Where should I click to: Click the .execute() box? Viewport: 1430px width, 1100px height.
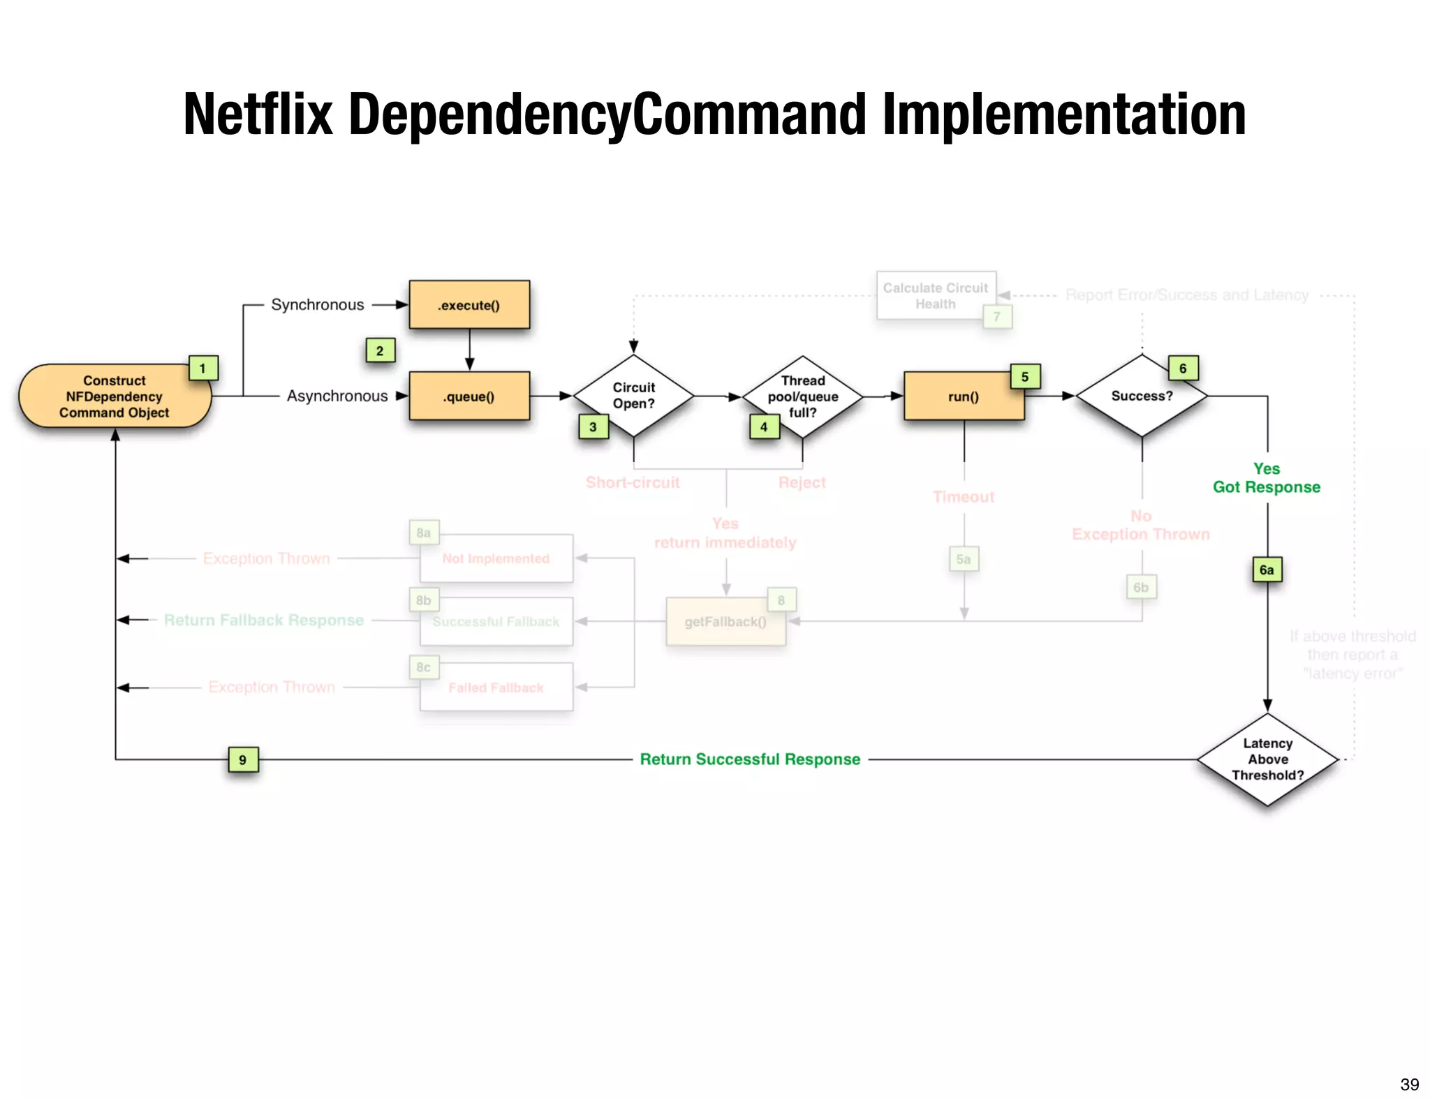[469, 305]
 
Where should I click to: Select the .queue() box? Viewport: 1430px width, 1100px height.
[469, 396]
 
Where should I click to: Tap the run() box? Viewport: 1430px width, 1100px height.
[964, 396]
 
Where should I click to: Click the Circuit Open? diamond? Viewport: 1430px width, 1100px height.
[633, 396]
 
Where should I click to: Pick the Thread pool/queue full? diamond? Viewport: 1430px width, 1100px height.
[803, 396]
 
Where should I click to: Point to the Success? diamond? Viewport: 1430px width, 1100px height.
[1142, 396]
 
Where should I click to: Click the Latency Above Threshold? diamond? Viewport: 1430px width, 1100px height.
[1267, 759]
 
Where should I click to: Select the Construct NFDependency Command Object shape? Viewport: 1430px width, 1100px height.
[115, 396]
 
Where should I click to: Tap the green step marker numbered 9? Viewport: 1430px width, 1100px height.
[243, 759]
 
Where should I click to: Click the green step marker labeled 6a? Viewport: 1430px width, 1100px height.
[1267, 570]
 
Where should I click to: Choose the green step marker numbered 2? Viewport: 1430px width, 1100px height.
[380, 350]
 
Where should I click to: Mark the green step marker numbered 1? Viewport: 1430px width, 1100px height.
[203, 369]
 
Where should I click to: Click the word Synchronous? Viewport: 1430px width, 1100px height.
[318, 305]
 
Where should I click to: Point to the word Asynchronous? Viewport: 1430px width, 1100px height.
[337, 396]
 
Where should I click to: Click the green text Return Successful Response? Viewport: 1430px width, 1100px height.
[750, 759]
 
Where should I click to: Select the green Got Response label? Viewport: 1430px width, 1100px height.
[1267, 487]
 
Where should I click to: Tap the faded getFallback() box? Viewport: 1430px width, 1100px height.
[725, 621]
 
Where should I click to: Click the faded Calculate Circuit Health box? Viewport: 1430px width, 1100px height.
[936, 296]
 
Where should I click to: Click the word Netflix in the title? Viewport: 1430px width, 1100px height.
[258, 115]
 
